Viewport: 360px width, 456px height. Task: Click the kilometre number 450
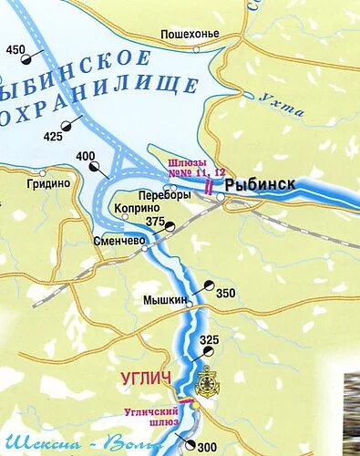coord(16,49)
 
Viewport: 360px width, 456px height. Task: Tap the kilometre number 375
coord(156,222)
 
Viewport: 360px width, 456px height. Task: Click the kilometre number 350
coord(225,294)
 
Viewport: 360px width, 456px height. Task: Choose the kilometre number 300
coord(208,445)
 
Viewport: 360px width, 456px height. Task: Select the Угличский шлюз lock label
coord(151,418)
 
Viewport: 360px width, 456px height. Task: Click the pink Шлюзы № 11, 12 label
coord(194,168)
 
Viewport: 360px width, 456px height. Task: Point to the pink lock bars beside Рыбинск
coord(211,186)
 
